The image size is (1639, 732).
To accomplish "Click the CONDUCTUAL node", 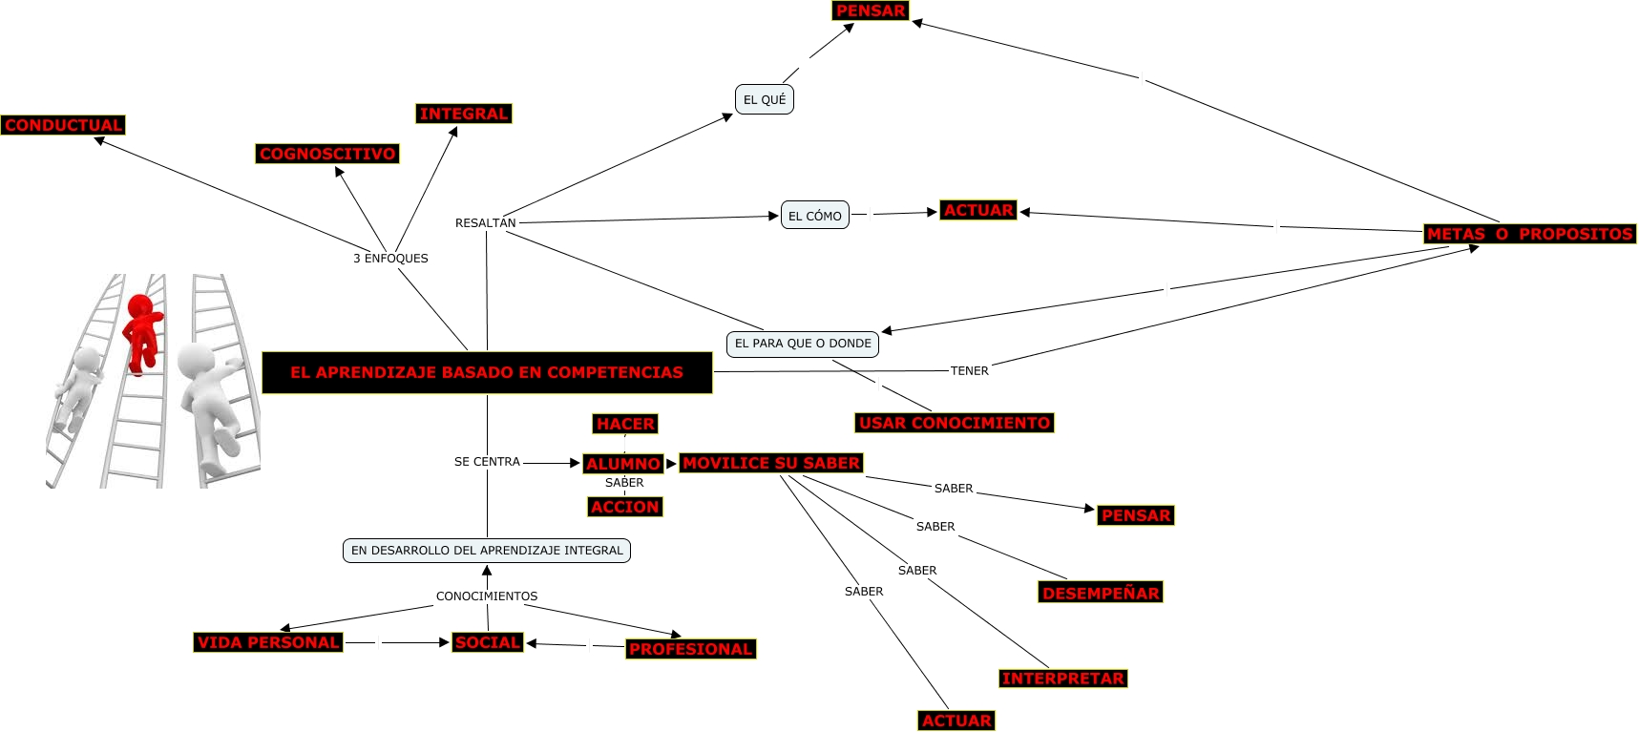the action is click(63, 125).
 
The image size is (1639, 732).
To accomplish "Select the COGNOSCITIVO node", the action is click(327, 154).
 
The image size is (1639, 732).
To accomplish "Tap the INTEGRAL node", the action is click(464, 114).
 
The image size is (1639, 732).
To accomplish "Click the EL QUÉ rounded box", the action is click(765, 99).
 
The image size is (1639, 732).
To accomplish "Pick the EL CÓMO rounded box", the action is click(815, 216).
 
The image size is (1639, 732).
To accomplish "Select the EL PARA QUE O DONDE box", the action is click(803, 344).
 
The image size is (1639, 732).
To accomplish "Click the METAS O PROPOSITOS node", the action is click(1529, 234).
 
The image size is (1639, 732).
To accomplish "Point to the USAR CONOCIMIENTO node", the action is click(955, 423).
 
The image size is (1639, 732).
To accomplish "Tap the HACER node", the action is click(625, 424).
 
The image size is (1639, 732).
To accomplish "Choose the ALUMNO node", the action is click(622, 464).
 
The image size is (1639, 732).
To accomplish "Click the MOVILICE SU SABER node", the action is click(771, 463).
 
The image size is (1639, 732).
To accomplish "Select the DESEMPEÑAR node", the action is click(1101, 593).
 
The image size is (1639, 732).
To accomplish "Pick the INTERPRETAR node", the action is click(1062, 679).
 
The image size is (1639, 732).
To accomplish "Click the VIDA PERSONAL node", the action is click(268, 642).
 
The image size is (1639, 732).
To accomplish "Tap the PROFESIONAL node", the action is click(690, 649).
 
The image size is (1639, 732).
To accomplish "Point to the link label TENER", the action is click(969, 371).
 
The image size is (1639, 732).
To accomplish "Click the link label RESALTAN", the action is click(485, 223).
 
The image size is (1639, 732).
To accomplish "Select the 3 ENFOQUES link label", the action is click(390, 259).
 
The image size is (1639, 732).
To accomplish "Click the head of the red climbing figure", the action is click(140, 305).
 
